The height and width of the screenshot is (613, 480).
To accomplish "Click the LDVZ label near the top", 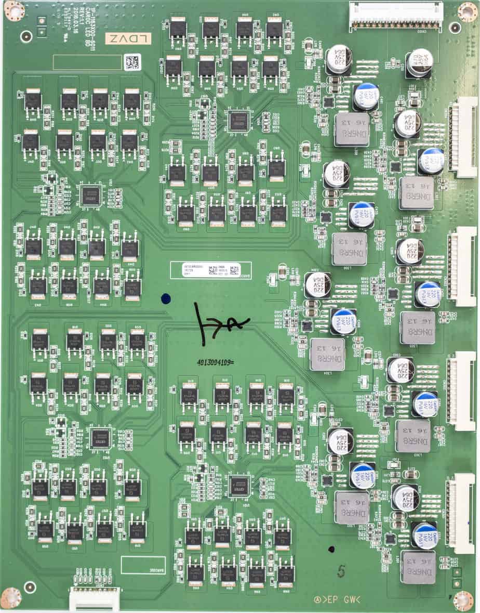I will click(128, 38).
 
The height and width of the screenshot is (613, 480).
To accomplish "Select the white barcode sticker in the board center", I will click(206, 270).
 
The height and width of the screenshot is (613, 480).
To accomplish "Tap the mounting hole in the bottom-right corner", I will click(464, 601).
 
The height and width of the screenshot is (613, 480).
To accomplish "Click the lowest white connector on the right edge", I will click(461, 513).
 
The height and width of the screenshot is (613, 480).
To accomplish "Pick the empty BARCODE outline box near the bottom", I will click(143, 565).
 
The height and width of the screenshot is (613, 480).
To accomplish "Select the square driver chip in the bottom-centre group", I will click(239, 484).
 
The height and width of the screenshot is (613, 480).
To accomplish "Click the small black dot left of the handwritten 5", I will click(331, 549).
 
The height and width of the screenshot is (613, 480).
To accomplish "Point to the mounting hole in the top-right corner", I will click(466, 11).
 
